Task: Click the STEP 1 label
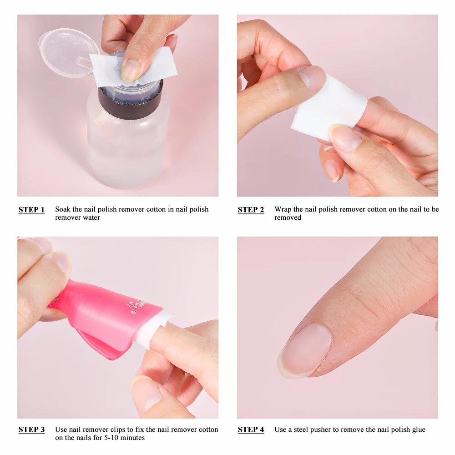[x=31, y=210]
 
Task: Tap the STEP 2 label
[x=251, y=210]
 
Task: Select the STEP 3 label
[x=31, y=430]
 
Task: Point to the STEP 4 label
[x=251, y=430]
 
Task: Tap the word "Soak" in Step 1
[x=62, y=209]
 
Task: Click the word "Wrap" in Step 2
[x=283, y=209]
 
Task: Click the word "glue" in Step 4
[x=418, y=430]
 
